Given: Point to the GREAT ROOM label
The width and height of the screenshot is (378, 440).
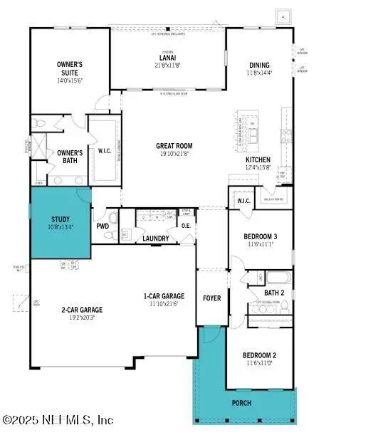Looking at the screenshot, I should (x=174, y=146).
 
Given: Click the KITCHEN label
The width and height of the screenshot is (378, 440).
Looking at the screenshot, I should (x=259, y=159).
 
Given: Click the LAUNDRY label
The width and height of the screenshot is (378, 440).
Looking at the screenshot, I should (x=156, y=239).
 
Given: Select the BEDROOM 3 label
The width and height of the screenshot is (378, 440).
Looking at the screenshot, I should (x=259, y=236).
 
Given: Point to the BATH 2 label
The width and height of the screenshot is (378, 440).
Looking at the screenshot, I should (x=273, y=293).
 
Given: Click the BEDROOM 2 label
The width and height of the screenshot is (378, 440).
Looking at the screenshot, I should (x=259, y=355).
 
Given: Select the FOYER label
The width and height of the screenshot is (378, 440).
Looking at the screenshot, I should (x=211, y=298).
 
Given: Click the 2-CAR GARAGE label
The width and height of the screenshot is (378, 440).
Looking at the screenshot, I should (x=81, y=310).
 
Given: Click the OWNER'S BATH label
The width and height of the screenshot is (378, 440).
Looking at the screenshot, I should (x=70, y=157).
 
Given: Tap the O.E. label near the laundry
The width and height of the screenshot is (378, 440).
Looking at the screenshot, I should (x=186, y=227).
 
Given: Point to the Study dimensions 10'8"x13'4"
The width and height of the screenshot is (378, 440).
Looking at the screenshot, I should (x=61, y=228).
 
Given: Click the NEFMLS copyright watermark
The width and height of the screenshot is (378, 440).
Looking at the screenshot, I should (x=57, y=420).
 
